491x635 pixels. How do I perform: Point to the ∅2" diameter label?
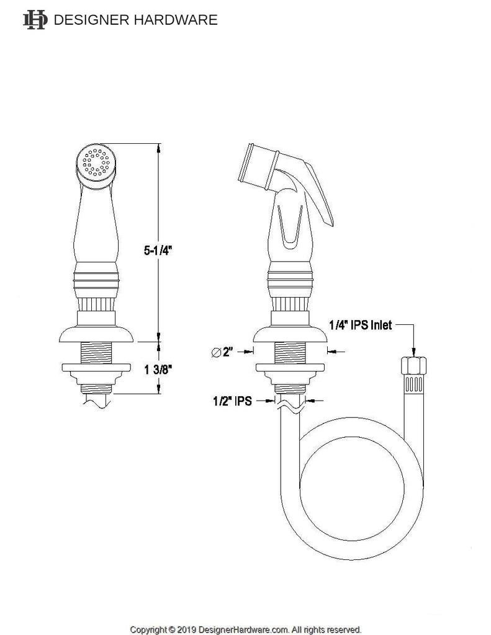[x=222, y=352]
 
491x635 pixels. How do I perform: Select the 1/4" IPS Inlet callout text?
[x=360, y=325]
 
